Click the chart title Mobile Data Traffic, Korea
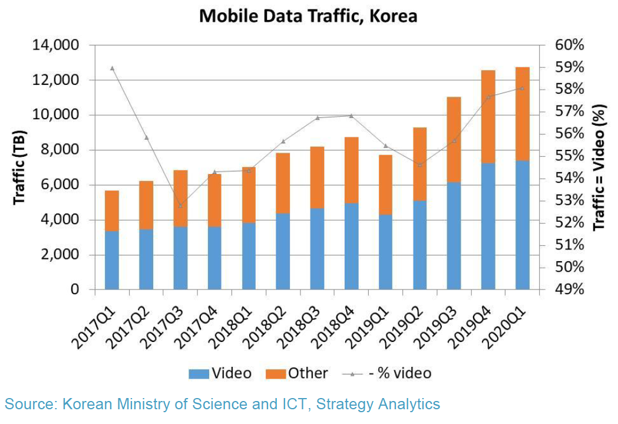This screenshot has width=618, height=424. pyautogui.click(x=308, y=16)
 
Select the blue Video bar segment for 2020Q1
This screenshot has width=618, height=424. pyautogui.click(x=523, y=225)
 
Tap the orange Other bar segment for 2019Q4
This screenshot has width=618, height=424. pyautogui.click(x=488, y=116)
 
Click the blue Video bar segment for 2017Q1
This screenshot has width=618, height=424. pyautogui.click(x=112, y=260)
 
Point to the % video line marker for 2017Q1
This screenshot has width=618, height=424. pyautogui.click(x=112, y=68)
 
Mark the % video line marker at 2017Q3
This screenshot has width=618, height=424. pyautogui.click(x=180, y=205)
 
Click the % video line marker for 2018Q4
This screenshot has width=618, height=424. pyautogui.click(x=352, y=116)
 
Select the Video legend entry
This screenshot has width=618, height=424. pyautogui.click(x=220, y=373)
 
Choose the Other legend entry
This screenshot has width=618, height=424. pyautogui.click(x=297, y=373)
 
